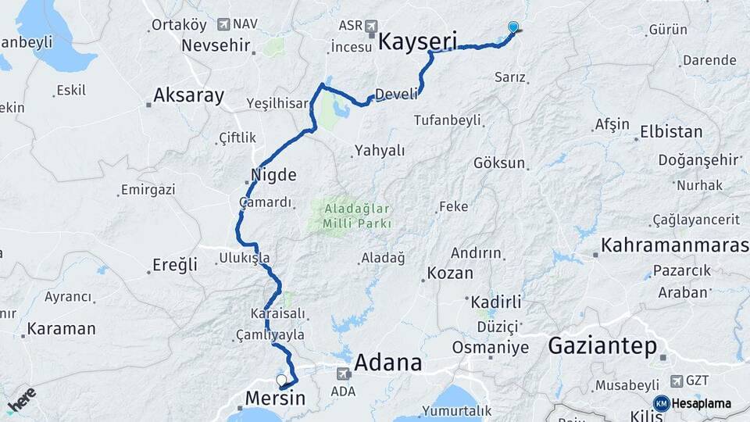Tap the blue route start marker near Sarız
pyautogui.click(x=513, y=27)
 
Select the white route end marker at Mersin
pyautogui.click(x=281, y=380)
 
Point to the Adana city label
pyautogui.click(x=388, y=363)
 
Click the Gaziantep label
pyautogui.click(x=602, y=346)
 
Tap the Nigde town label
pyautogui.click(x=273, y=173)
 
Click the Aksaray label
pyautogui.click(x=189, y=96)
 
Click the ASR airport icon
pyautogui.click(x=371, y=26)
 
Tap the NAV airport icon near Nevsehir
pyautogui.click(x=225, y=25)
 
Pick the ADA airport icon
pyautogui.click(x=343, y=374)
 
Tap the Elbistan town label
pyautogui.click(x=671, y=131)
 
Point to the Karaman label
pyautogui.click(x=61, y=329)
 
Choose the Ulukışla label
pyautogui.click(x=245, y=257)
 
